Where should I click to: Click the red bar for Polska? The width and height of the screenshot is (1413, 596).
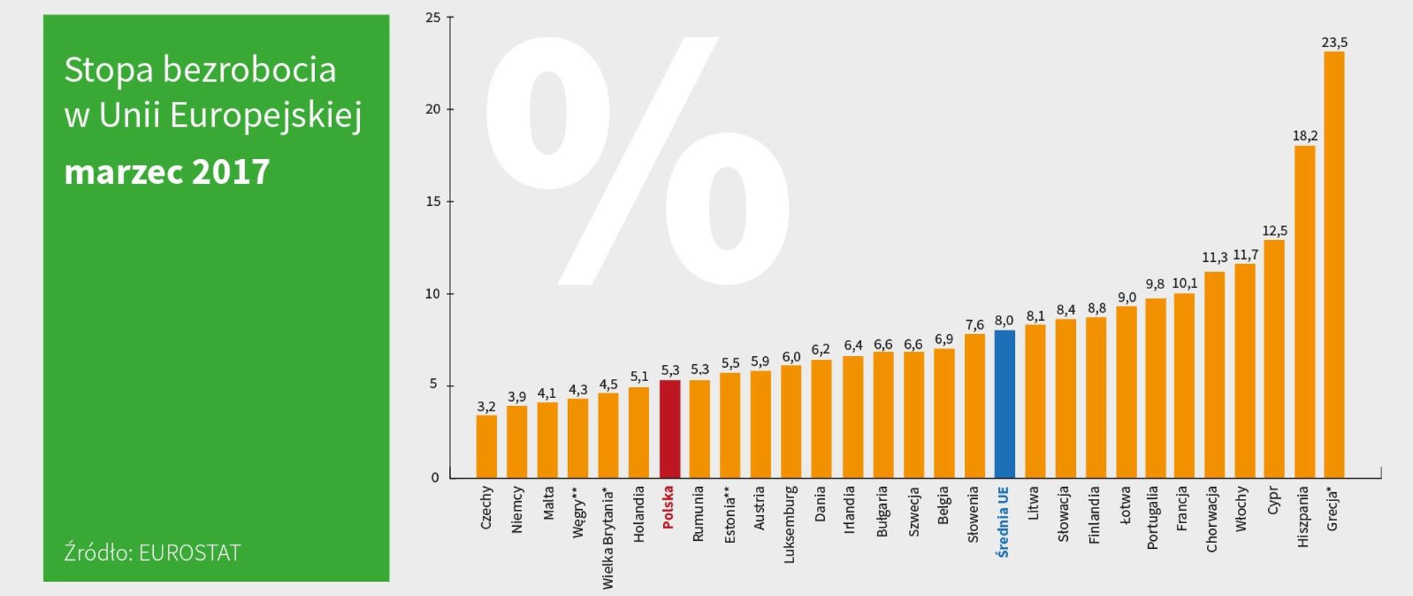click(670, 429)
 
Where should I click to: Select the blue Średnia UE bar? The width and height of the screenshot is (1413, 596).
click(1004, 404)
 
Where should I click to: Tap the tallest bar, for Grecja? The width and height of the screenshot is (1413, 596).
click(1334, 265)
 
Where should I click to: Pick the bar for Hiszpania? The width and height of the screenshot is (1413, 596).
click(1304, 312)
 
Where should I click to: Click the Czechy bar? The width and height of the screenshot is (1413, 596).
click(486, 447)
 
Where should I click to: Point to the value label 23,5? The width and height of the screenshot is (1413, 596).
click(1334, 43)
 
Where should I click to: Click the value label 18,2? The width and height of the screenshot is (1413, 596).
click(1305, 136)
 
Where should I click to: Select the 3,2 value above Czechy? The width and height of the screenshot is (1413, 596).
click(486, 407)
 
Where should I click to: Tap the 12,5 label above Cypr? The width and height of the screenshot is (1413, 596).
click(1275, 231)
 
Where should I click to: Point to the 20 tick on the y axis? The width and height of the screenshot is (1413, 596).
click(433, 110)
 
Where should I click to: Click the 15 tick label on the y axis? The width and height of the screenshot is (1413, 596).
click(433, 202)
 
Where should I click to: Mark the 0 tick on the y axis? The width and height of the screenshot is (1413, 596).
click(435, 478)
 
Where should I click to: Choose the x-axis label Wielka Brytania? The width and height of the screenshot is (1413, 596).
click(608, 537)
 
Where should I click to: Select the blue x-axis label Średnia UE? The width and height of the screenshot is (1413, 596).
click(1003, 521)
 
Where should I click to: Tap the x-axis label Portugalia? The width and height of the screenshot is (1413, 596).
click(1152, 517)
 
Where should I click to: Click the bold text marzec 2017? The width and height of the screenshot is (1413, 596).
click(167, 171)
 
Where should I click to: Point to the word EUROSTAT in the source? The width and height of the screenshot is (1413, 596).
click(189, 553)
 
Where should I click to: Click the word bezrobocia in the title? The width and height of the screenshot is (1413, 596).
click(249, 70)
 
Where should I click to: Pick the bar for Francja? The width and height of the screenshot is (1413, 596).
click(1183, 386)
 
